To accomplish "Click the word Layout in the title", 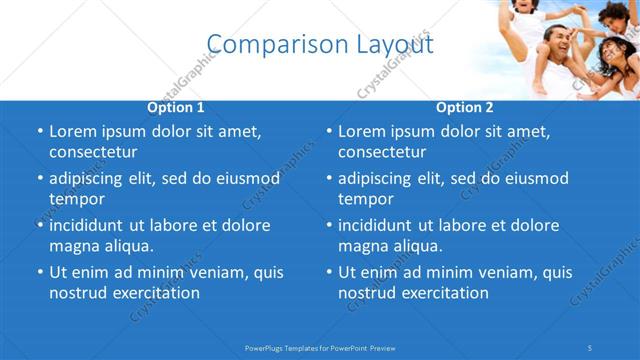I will click(396, 44).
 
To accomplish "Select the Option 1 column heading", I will click(176, 107).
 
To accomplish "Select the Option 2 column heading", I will click(465, 107).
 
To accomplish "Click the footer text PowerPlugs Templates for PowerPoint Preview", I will click(320, 347).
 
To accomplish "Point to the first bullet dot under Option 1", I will click(40, 131).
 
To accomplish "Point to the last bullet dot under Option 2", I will click(329, 272).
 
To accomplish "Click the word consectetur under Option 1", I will click(93, 152).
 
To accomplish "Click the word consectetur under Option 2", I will click(382, 152).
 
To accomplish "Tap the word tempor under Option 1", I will click(77, 199).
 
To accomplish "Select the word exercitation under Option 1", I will click(155, 293).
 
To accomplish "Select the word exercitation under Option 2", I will click(444, 293).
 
